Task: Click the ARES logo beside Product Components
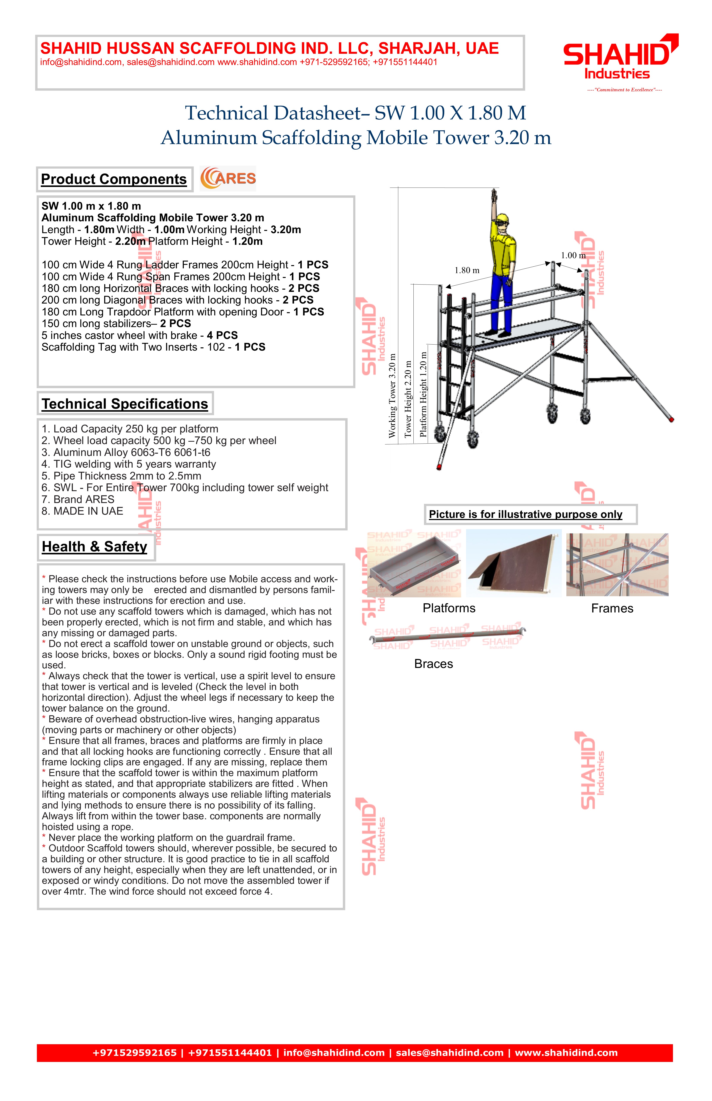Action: [228, 179]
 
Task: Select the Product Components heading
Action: [114, 179]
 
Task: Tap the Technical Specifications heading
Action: [125, 404]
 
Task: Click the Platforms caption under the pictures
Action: [449, 608]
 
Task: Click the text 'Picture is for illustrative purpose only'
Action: [525, 514]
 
